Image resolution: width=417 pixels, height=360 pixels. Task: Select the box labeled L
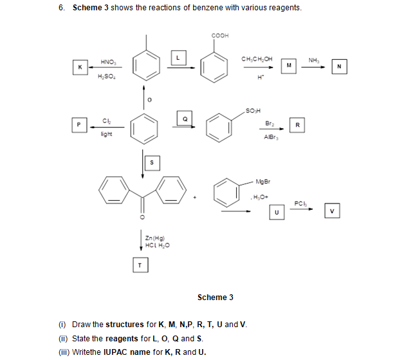pos(180,59)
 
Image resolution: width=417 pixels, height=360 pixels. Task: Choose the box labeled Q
pos(185,118)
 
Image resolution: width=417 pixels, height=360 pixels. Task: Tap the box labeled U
pos(276,211)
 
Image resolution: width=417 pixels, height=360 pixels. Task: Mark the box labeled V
pos(331,211)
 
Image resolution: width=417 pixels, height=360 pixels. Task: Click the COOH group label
pos(219,35)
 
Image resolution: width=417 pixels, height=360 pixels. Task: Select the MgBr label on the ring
pos(263,180)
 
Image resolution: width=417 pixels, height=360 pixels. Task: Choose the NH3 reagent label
pos(313,59)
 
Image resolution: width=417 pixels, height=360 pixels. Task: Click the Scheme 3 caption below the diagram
pos(215,297)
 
